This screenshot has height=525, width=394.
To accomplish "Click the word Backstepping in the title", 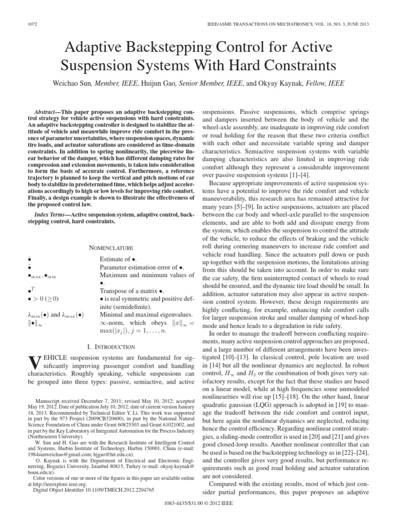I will tap(154, 49).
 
